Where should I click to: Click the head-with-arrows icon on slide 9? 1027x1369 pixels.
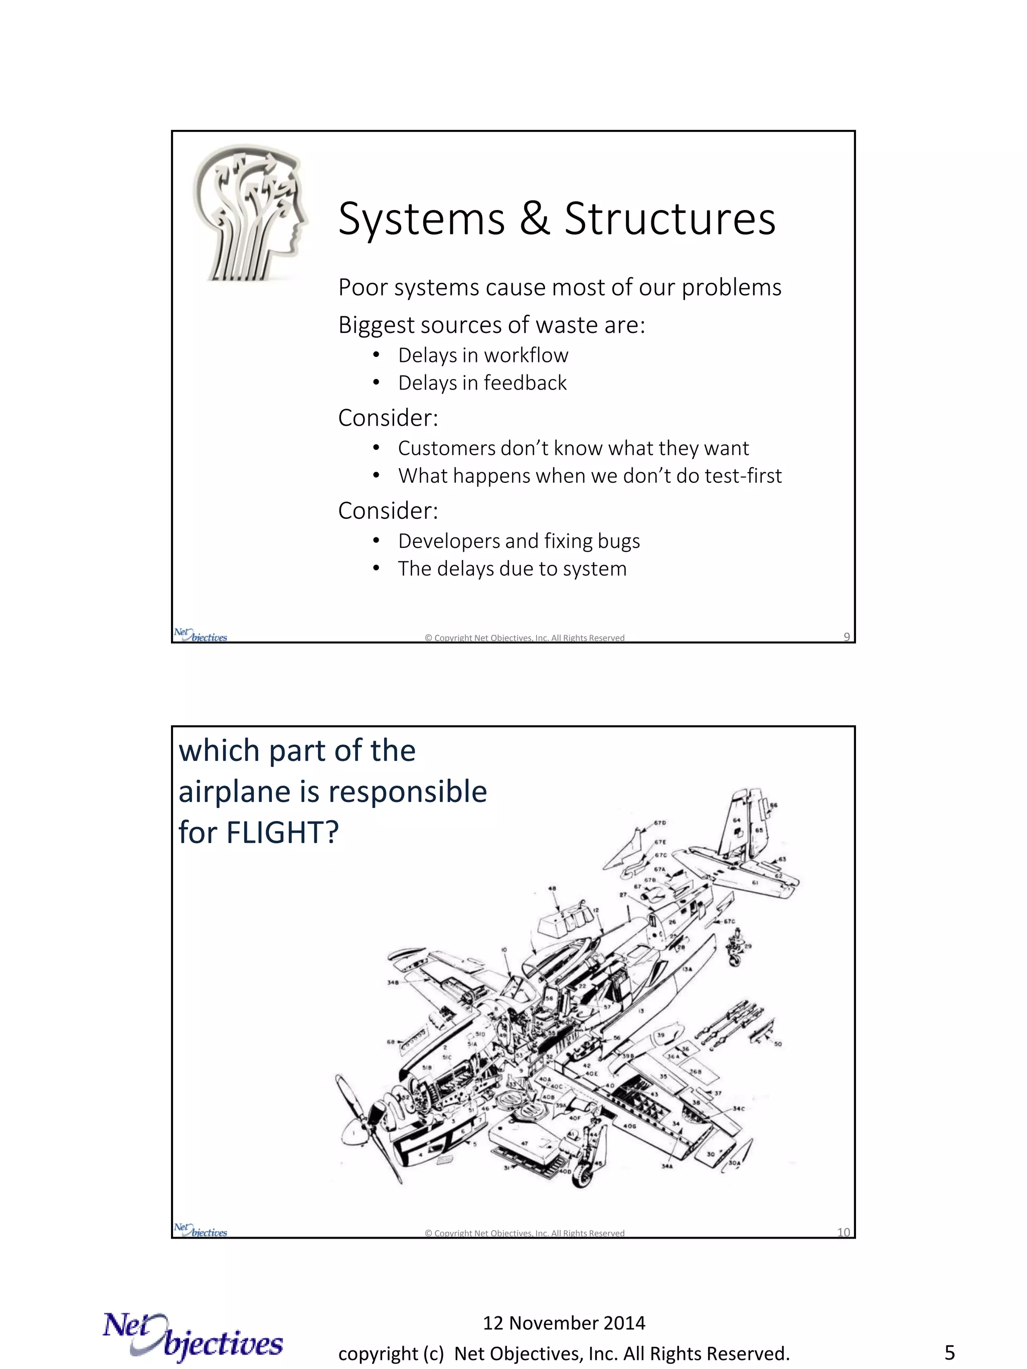pyautogui.click(x=250, y=213)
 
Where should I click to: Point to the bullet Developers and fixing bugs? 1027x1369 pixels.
pyautogui.click(x=518, y=541)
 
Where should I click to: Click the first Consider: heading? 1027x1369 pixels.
pyautogui.click(x=388, y=418)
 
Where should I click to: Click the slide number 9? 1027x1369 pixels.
pyautogui.click(x=846, y=637)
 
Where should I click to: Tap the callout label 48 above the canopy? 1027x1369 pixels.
pyautogui.click(x=552, y=889)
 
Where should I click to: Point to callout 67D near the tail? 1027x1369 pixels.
pyautogui.click(x=660, y=823)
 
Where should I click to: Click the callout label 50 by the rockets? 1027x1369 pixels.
pyautogui.click(x=778, y=1044)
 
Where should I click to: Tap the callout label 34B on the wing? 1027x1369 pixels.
pyautogui.click(x=393, y=982)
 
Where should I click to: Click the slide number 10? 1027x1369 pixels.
pyautogui.click(x=843, y=1232)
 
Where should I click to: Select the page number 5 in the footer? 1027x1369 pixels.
pyautogui.click(x=949, y=1353)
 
